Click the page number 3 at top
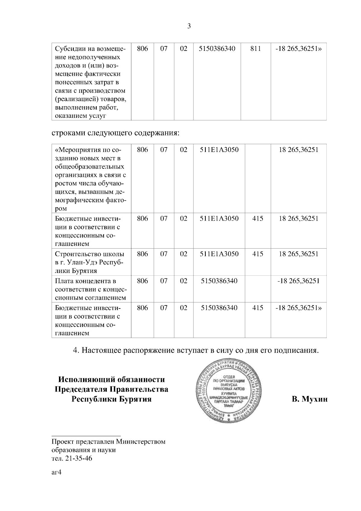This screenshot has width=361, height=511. click(189, 26)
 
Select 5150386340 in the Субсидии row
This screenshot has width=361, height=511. click(217, 49)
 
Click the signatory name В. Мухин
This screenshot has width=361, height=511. click(309, 399)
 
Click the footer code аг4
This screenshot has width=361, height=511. click(56, 472)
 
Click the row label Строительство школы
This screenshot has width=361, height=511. click(89, 254)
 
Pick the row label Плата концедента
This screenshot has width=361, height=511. click(85, 281)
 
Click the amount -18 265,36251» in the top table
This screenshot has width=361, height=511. click(298, 49)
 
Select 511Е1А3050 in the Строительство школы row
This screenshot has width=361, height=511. click(219, 254)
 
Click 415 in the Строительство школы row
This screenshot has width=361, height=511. click(258, 254)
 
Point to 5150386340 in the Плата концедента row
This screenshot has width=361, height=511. click(219, 281)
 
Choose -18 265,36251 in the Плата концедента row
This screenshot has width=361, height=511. click(298, 281)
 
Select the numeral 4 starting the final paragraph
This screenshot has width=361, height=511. click(76, 350)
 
